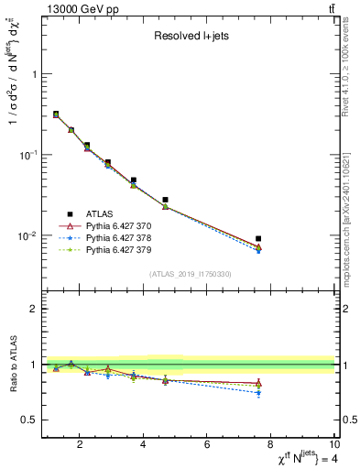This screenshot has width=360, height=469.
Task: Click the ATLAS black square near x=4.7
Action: pyautogui.click(x=166, y=200)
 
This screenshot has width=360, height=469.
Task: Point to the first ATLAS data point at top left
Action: pyautogui.click(x=56, y=115)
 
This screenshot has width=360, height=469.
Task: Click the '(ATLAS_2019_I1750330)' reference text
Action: pyautogui.click(x=190, y=274)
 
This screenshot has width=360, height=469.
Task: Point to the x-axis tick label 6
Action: pyautogui.click(x=208, y=445)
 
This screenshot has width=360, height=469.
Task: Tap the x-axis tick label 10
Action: pyautogui.click(x=333, y=445)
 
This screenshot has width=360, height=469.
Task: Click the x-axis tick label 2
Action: pyautogui.click(x=81, y=445)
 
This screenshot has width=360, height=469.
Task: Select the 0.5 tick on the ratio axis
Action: pyautogui.click(x=31, y=420)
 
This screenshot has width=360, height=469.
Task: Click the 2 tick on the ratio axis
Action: pyautogui.click(x=36, y=309)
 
